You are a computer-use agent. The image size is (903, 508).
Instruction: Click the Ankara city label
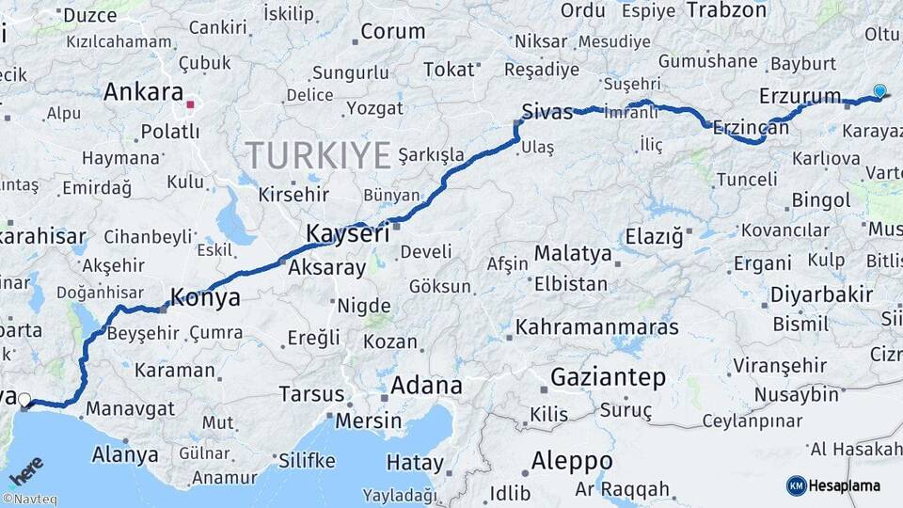coord(142,92)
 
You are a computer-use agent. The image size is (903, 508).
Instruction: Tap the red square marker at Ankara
coord(191,105)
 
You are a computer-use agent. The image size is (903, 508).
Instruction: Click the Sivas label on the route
coord(547,113)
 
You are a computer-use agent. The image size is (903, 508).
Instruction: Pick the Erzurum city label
coord(800,96)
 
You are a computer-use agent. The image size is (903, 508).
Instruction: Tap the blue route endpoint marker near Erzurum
coord(879,91)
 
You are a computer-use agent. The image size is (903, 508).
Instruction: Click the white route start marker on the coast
coord(24,399)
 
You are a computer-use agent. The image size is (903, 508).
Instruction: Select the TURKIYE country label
coord(318,155)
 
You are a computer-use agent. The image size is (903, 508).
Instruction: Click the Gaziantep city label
coord(608,378)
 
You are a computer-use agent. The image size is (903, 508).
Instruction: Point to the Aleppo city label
coord(572,461)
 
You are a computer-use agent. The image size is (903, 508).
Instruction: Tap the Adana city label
coord(426,385)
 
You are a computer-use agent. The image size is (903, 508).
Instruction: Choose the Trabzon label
coord(727,10)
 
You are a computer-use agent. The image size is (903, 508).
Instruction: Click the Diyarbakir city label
coord(821,294)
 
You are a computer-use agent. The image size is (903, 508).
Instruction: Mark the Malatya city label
coord(572,253)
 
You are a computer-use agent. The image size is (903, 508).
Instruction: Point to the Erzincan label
coord(751,126)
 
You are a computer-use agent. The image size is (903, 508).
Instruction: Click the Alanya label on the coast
coord(125,455)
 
